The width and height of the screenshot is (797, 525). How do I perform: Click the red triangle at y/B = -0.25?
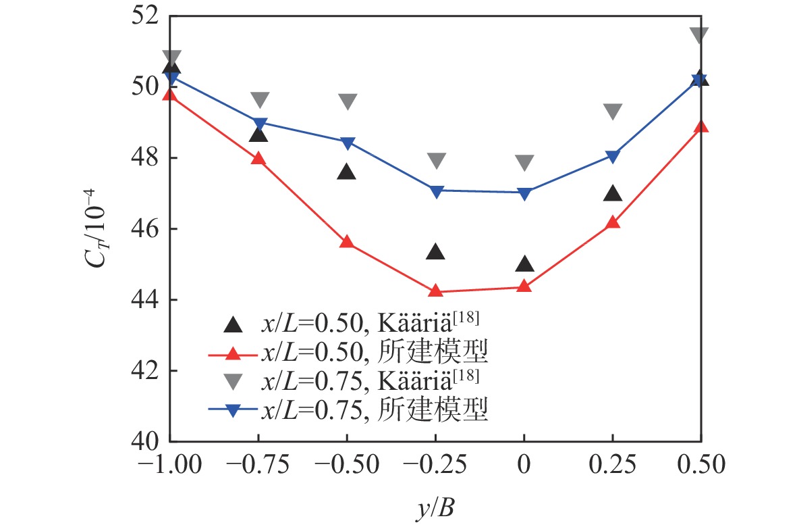(435, 291)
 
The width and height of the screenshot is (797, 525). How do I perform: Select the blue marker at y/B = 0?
(524, 193)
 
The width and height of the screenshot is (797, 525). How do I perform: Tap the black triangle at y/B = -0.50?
(347, 172)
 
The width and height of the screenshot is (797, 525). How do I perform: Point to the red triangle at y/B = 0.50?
(700, 126)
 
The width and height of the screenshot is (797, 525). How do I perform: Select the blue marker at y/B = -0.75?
(259, 123)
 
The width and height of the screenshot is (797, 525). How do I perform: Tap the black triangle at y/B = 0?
(524, 264)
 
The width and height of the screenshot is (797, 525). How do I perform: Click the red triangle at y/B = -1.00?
(171, 95)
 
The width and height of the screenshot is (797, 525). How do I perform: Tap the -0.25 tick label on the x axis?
(435, 466)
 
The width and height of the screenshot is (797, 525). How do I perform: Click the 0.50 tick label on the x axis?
(700, 466)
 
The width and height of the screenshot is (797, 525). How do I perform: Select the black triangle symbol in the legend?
(233, 325)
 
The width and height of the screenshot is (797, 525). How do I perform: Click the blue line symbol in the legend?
(233, 409)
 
